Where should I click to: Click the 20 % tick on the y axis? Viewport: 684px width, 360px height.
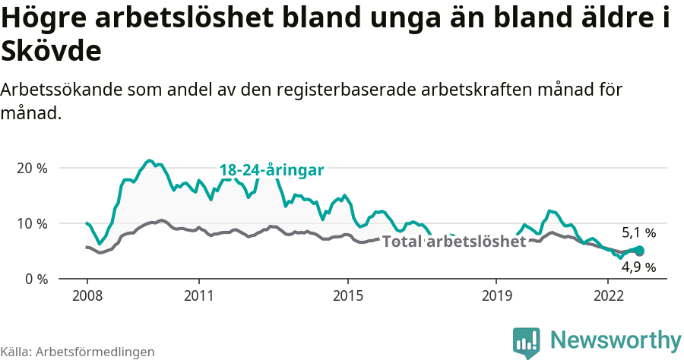click(31, 168)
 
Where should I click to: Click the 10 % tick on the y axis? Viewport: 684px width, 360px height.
click(31, 223)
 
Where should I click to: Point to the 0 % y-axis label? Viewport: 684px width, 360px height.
click(35, 279)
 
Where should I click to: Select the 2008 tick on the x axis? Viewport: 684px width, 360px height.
click(87, 295)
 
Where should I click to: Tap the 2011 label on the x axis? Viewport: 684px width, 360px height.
click(198, 295)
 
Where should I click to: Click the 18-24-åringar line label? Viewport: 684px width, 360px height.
click(272, 170)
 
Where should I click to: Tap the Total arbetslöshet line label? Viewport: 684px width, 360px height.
click(454, 242)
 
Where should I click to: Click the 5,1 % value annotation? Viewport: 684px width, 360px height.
click(638, 233)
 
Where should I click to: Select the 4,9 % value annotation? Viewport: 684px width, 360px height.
click(638, 267)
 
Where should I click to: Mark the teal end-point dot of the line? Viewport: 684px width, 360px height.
click(639, 251)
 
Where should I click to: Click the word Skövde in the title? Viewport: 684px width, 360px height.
click(51, 52)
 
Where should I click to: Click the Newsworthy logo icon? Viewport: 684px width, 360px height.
click(527, 341)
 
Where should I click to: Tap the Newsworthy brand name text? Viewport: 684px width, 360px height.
click(616, 339)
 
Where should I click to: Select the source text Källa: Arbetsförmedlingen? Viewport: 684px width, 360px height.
click(78, 352)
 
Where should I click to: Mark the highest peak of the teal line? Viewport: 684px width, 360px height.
click(150, 160)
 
